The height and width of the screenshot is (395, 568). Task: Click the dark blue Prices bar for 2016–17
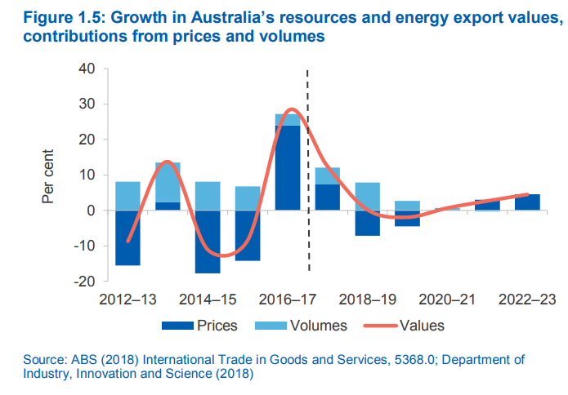[x=288, y=167]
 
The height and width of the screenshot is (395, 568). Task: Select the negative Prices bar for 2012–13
[x=127, y=237]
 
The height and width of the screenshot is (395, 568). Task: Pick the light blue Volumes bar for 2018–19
[x=367, y=196]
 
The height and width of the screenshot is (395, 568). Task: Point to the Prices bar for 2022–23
[x=526, y=202]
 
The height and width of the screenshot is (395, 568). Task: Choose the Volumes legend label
[x=318, y=326]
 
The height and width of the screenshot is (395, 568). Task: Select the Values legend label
[x=422, y=326]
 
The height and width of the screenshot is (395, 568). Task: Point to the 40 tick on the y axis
[x=86, y=69]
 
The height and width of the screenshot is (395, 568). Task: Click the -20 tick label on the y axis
[x=83, y=281]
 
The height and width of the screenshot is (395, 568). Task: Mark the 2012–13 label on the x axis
[x=128, y=300]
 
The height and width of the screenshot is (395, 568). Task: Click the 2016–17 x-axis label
[x=288, y=300]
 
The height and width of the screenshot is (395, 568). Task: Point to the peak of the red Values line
[x=291, y=109]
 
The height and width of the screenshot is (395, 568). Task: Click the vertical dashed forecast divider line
[x=308, y=245]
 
